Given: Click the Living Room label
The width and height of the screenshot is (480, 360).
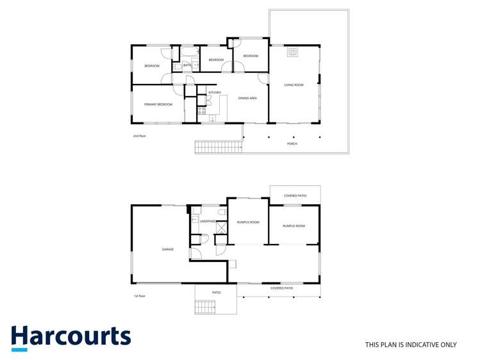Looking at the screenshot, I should tap(294, 85).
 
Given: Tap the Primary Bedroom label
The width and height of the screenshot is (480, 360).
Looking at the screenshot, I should tap(158, 104).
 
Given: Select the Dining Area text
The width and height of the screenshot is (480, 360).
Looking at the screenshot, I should tap(247, 98).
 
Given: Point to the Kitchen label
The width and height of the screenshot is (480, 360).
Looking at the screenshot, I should tap(215, 93).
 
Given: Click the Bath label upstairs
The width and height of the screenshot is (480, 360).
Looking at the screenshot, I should tap(186, 65).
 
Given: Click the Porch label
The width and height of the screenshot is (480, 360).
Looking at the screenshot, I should tap(292, 143).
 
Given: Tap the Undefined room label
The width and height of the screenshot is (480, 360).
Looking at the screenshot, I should tap(208, 221).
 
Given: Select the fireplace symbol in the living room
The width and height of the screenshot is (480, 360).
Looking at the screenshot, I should tap(292, 52).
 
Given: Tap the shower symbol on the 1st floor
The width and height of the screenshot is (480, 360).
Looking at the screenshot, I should tap(221, 227).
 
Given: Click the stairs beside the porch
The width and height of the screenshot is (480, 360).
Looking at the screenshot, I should tap(218, 147).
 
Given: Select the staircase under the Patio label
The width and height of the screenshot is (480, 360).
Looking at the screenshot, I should tap(205, 307).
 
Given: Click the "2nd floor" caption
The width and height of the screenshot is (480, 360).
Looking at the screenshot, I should tap(140, 136).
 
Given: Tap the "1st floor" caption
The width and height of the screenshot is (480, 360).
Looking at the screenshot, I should tap(140, 296).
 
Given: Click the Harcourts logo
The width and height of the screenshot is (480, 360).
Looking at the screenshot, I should tap(70, 338).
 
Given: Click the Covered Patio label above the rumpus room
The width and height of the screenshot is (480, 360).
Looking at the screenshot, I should tap(295, 195).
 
